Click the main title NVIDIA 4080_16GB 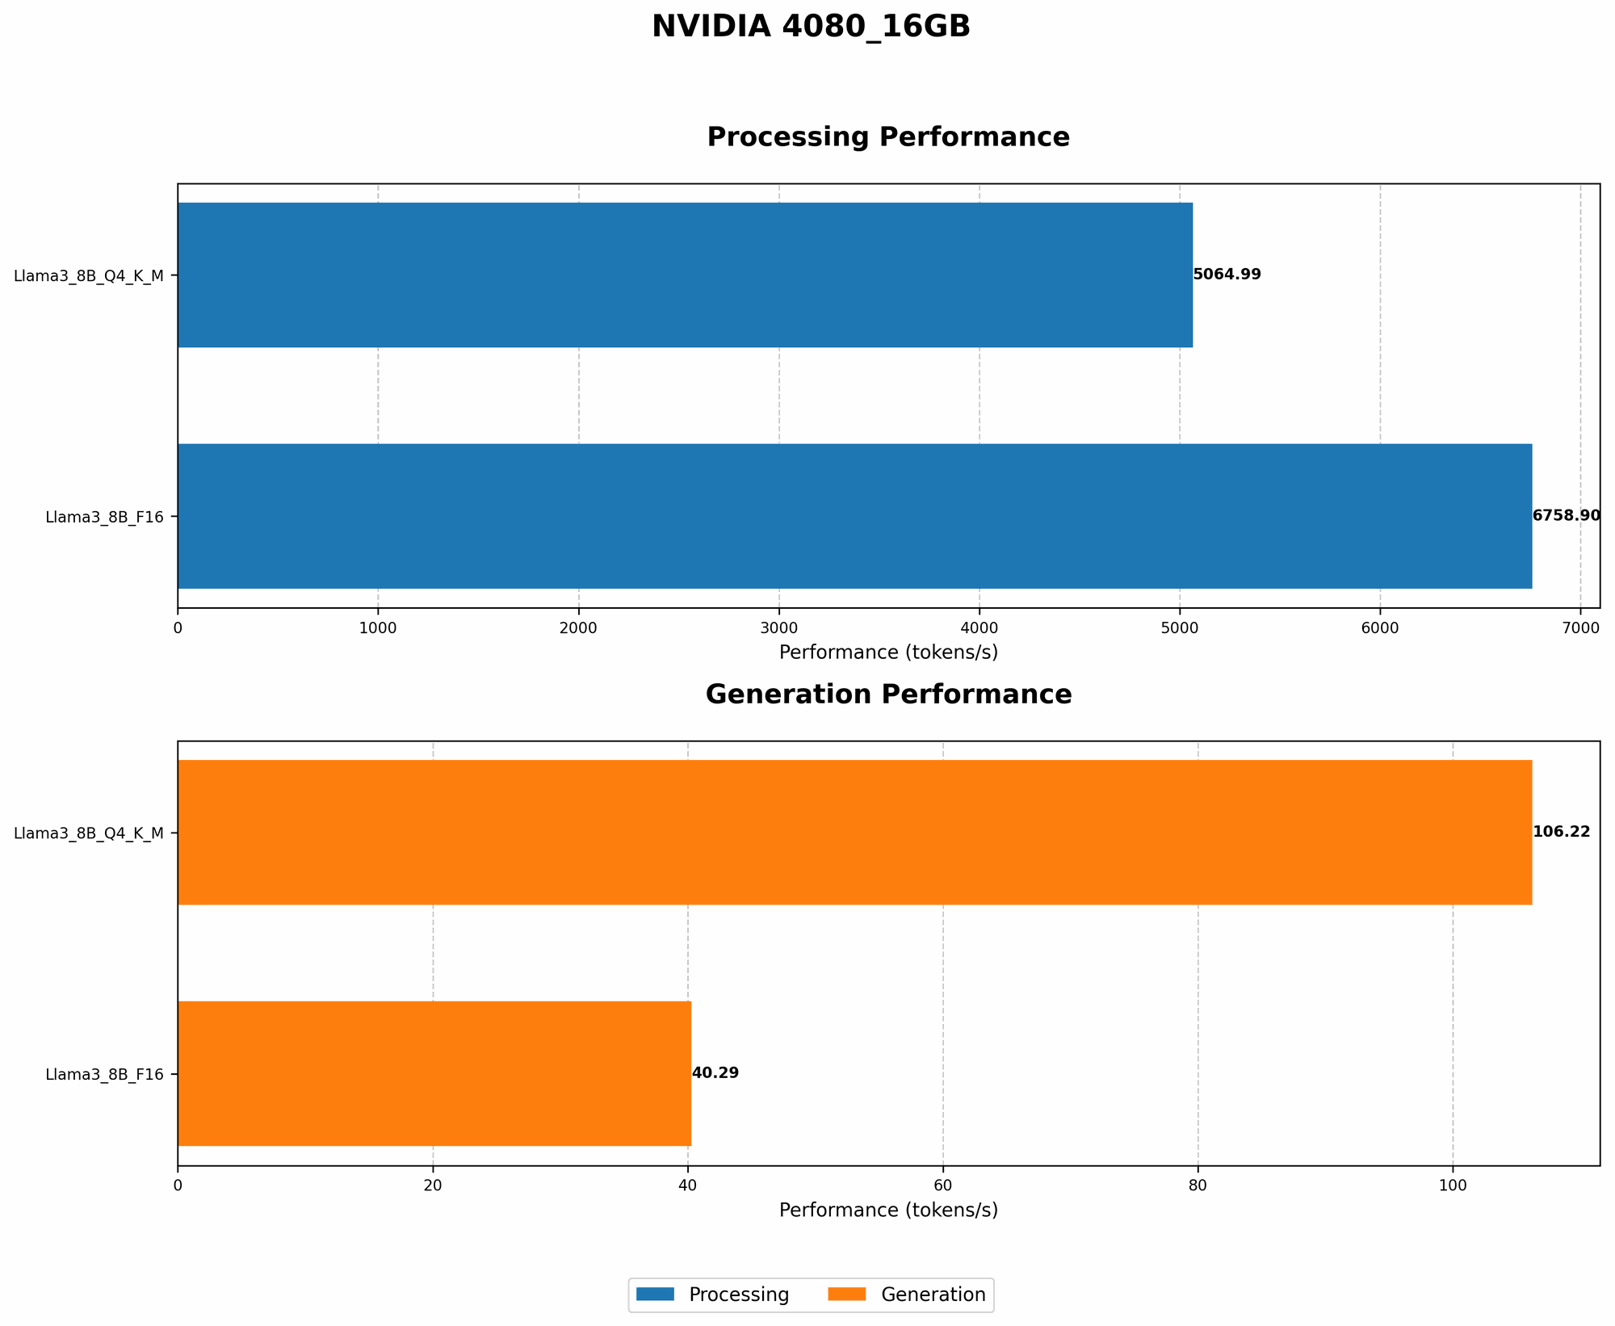click(811, 27)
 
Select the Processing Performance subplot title click(888, 137)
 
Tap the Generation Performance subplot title click(888, 695)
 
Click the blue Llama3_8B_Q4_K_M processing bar click(685, 275)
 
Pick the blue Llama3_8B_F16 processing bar click(854, 516)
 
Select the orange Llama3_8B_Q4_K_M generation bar click(854, 832)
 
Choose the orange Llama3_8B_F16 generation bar click(434, 1073)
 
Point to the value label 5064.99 click(1227, 275)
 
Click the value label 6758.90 click(1566, 516)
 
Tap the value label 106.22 click(1561, 832)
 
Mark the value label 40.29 click(715, 1073)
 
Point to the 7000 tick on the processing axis click(1580, 627)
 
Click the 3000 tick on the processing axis click(779, 627)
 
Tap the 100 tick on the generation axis click(1453, 1185)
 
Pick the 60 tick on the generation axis click(942, 1185)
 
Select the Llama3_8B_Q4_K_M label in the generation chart click(89, 833)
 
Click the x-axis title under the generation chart click(888, 1211)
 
